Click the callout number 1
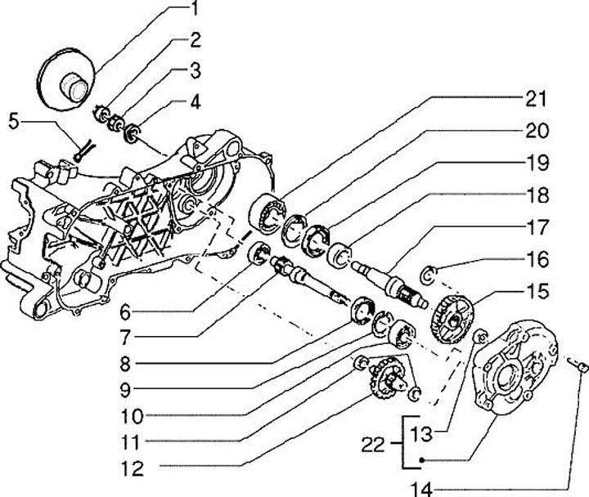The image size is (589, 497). point(195,10)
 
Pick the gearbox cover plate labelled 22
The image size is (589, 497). point(515,368)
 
